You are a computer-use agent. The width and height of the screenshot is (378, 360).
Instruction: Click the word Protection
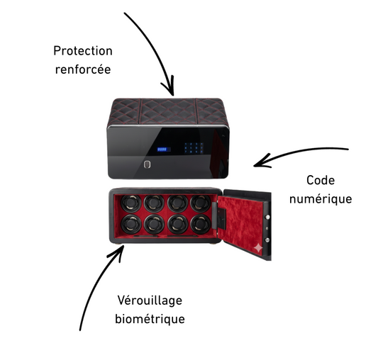(83, 51)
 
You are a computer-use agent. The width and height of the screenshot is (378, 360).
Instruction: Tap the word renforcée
(83, 69)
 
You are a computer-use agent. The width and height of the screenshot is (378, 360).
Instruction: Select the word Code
(321, 180)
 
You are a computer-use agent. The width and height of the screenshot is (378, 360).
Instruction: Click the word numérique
(321, 199)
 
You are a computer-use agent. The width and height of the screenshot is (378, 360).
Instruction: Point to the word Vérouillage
(150, 300)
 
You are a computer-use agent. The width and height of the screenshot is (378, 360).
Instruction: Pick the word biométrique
(150, 319)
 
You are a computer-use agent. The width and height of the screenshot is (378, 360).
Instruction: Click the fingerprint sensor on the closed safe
(147, 164)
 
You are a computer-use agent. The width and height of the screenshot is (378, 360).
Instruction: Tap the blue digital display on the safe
(163, 150)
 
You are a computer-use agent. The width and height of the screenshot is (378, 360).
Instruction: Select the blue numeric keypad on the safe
(194, 147)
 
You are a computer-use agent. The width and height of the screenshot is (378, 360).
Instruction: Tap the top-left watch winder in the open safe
(131, 203)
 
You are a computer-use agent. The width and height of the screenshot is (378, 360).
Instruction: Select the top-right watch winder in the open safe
(201, 203)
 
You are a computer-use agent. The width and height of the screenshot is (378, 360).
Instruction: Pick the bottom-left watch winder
(131, 224)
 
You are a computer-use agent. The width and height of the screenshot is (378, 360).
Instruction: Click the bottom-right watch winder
(201, 224)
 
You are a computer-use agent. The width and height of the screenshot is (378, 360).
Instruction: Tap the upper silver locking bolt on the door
(267, 217)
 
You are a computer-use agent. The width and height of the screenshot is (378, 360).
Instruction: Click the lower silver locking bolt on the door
(267, 240)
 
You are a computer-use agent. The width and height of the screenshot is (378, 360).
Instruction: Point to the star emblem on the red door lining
(258, 248)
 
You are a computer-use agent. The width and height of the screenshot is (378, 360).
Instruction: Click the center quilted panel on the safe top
(169, 111)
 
